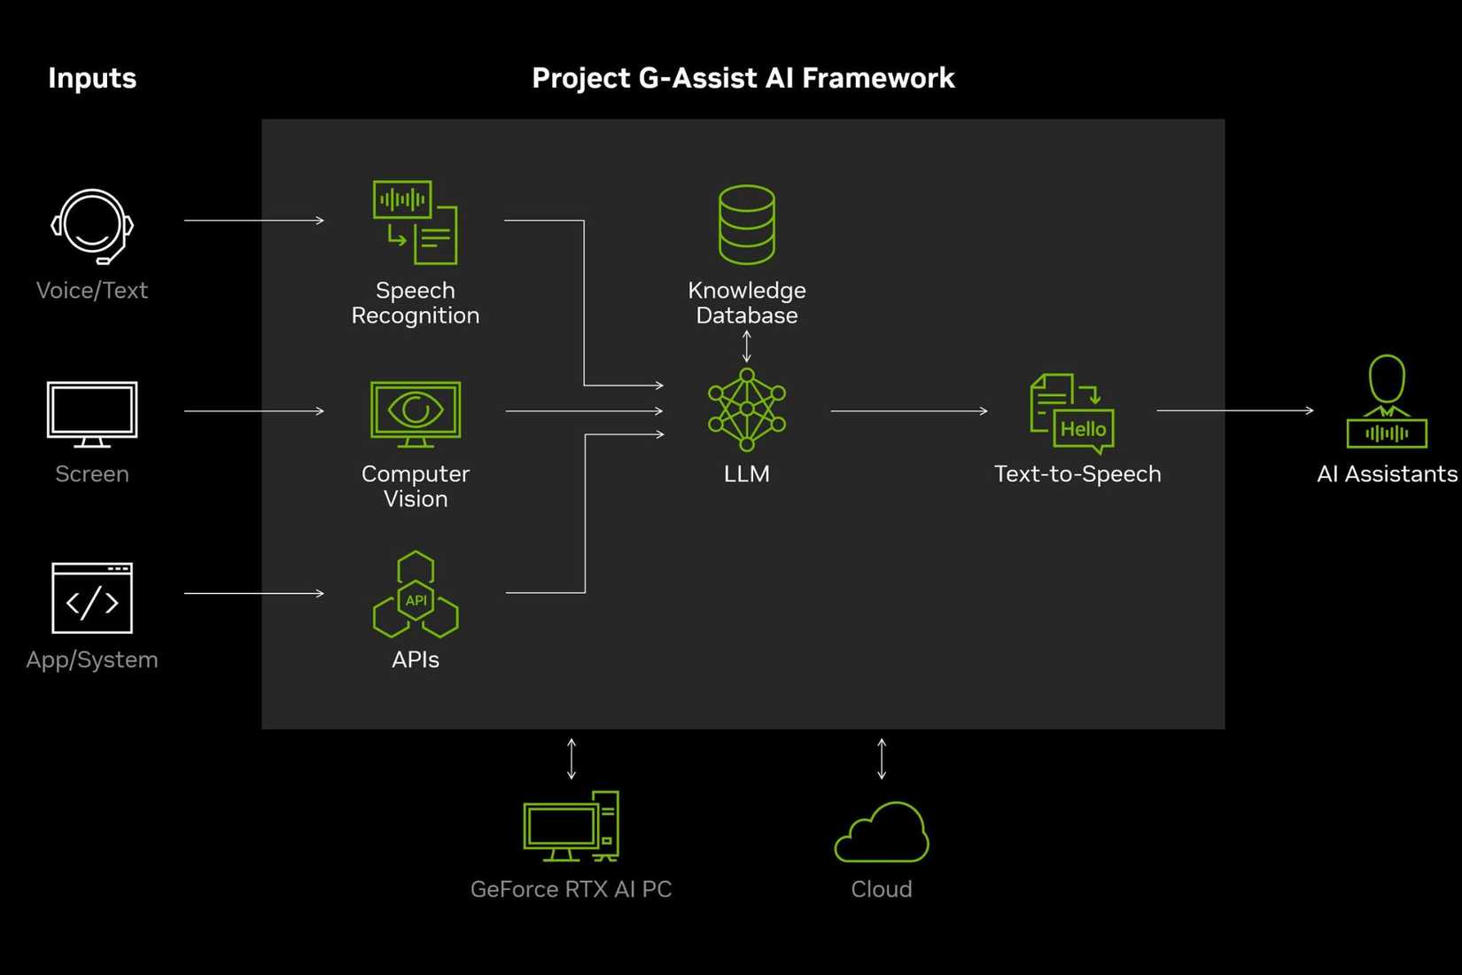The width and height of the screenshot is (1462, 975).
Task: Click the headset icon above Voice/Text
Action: (x=92, y=226)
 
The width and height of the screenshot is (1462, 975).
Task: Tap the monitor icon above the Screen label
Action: (x=92, y=413)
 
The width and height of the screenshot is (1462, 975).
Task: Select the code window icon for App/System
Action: (x=92, y=598)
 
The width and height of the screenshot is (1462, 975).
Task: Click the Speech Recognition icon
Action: (x=415, y=222)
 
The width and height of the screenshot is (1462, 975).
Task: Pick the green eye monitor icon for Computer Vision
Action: (x=416, y=413)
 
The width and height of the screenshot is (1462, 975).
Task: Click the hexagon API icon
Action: (x=416, y=596)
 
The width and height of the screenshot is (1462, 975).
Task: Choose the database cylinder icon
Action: (x=747, y=224)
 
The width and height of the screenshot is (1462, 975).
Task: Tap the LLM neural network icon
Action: (x=747, y=409)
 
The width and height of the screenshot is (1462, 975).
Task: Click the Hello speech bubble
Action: (x=1084, y=430)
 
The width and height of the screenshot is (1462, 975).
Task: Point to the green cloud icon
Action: (x=882, y=834)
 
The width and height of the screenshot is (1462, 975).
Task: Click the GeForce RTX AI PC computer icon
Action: (x=572, y=826)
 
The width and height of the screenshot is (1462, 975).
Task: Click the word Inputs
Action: (x=92, y=78)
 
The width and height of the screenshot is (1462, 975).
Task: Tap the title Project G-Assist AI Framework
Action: (x=743, y=78)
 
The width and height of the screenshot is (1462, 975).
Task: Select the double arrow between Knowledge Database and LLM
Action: (x=747, y=346)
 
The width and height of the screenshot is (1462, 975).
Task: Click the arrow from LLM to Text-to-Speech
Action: (x=908, y=410)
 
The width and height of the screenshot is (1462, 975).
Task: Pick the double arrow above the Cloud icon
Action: (x=882, y=759)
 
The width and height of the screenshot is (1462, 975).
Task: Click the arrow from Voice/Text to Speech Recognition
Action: (x=254, y=220)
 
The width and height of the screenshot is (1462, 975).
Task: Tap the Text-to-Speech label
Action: (x=1077, y=474)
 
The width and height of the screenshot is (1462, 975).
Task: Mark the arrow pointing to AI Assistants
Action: (x=1234, y=410)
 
